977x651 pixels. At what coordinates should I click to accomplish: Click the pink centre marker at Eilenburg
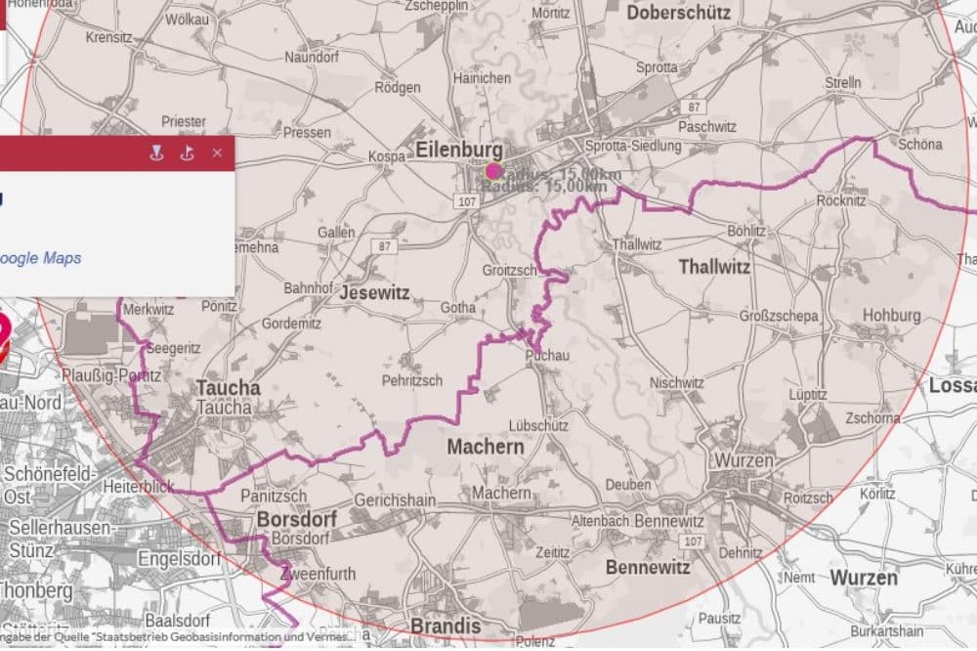tap(492, 171)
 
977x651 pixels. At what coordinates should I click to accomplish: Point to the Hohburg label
tap(891, 316)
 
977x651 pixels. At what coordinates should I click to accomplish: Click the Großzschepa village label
tap(779, 317)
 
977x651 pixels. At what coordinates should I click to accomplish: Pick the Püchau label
tap(547, 355)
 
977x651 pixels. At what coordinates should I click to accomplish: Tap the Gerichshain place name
tap(395, 500)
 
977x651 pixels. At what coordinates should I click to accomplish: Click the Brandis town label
tap(446, 626)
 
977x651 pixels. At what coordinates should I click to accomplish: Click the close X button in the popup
tap(217, 152)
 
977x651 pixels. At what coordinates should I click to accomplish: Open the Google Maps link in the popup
tap(40, 258)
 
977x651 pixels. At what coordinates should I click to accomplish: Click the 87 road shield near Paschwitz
tap(694, 106)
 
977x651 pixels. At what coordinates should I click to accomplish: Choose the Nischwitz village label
tap(676, 383)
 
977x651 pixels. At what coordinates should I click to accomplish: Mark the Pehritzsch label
tap(412, 380)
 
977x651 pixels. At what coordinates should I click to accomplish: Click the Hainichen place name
tap(482, 78)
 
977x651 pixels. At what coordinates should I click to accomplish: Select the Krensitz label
tap(108, 38)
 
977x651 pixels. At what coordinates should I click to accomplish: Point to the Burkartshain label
tap(886, 631)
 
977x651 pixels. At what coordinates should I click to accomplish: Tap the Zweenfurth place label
tap(318, 574)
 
